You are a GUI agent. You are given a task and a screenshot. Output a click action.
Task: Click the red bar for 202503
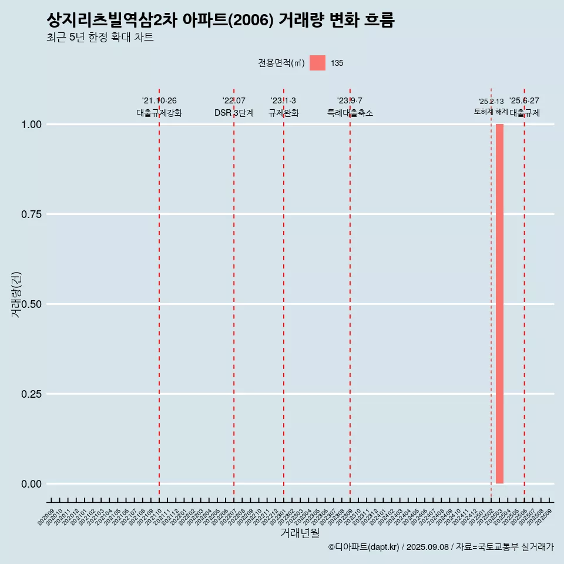pyautogui.click(x=499, y=304)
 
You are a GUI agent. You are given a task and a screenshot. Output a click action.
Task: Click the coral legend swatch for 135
pyautogui.click(x=317, y=63)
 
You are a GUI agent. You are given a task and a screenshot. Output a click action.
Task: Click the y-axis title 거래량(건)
pyautogui.click(x=16, y=294)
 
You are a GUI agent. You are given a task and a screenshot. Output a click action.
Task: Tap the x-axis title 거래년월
pyautogui.click(x=300, y=533)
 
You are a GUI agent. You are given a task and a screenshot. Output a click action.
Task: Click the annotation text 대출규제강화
pyautogui.click(x=159, y=113)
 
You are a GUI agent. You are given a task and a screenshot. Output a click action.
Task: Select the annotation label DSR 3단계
pyautogui.click(x=234, y=113)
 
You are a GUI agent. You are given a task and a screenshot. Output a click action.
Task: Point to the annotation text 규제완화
pyautogui.click(x=284, y=113)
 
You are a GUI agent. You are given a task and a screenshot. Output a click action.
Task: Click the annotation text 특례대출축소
pyautogui.click(x=350, y=113)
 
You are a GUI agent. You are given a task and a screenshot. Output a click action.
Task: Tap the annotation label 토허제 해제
pyautogui.click(x=491, y=112)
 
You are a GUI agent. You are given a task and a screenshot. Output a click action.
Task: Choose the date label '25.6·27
pyautogui.click(x=524, y=101)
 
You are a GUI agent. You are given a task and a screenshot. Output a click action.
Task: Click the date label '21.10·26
pyautogui.click(x=159, y=101)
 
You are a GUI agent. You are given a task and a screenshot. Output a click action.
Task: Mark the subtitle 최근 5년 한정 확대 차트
pyautogui.click(x=100, y=38)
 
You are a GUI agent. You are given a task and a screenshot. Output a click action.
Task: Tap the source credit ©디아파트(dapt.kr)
pyautogui.click(x=364, y=547)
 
